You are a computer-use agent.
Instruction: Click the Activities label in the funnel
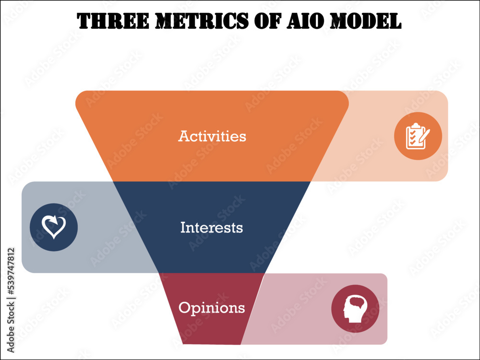click(212, 136)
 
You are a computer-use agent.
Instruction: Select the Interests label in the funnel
click(212, 228)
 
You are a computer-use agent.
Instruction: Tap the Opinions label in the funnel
click(212, 308)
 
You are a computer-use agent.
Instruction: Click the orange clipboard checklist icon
click(418, 136)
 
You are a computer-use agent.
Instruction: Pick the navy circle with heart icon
click(54, 227)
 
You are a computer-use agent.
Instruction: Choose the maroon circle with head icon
click(355, 309)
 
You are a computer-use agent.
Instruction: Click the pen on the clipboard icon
click(425, 135)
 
